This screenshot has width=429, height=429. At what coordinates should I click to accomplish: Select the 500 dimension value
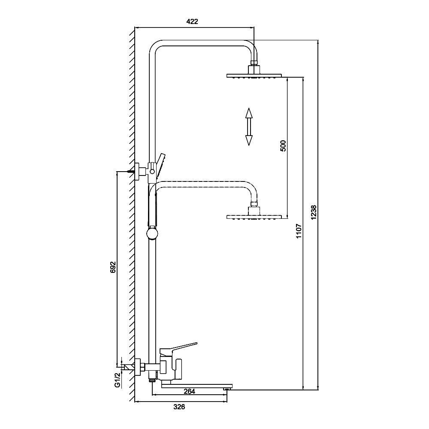click(283, 146)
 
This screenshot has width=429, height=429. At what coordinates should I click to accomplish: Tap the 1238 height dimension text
click(314, 213)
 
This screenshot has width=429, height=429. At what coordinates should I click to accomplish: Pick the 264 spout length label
click(189, 391)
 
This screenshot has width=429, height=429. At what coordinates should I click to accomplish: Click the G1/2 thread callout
click(117, 379)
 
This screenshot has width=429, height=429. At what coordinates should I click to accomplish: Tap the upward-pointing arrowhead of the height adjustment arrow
click(248, 113)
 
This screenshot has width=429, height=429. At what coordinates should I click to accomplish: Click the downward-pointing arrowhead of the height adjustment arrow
click(248, 140)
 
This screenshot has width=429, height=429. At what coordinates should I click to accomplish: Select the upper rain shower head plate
click(254, 76)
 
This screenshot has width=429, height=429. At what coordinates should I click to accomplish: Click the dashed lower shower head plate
click(254, 216)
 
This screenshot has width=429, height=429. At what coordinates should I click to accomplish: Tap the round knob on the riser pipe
click(152, 233)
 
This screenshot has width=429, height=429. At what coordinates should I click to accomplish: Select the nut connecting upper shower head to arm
click(254, 69)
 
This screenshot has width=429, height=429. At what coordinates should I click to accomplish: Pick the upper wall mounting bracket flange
click(138, 172)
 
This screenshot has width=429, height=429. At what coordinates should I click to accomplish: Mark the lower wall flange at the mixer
click(138, 366)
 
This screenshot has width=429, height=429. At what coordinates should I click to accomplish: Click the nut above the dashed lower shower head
click(254, 209)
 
